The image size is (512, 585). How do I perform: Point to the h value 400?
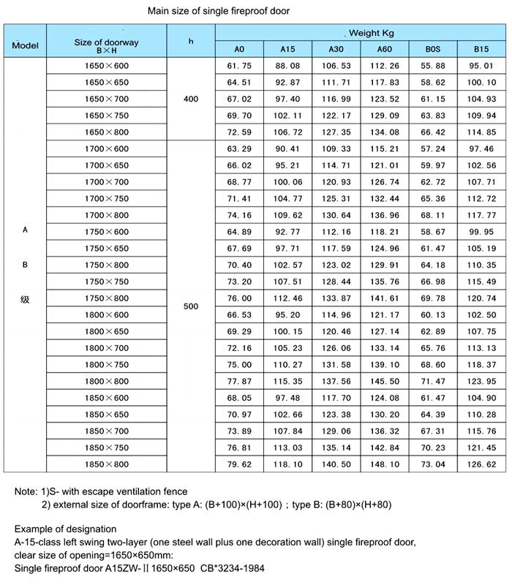pos(191,99)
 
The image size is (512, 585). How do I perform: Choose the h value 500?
pos(191,306)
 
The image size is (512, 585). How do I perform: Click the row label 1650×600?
pos(107,65)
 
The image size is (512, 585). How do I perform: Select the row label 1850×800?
pos(107,463)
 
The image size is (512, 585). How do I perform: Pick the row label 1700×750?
pos(107,198)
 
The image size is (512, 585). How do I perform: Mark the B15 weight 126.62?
pos(481,463)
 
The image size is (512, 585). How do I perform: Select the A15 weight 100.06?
pos(287,181)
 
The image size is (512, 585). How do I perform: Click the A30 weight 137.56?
pos(336,381)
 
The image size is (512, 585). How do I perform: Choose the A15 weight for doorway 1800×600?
pos(287,314)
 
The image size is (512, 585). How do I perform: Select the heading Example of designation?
pos(65,529)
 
